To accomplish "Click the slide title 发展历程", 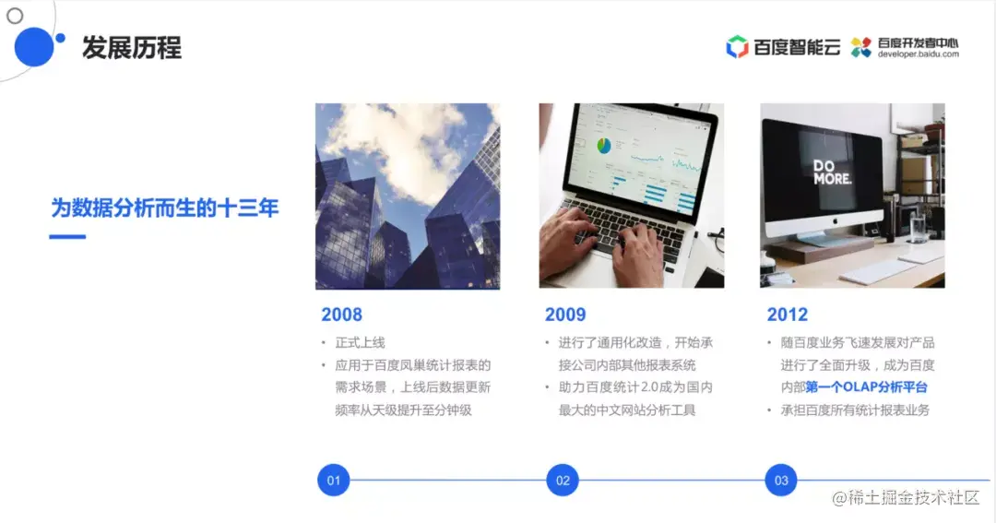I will pyautogui.click(x=131, y=47).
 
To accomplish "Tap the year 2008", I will pyautogui.click(x=341, y=315).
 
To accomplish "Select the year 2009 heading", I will pyautogui.click(x=564, y=315).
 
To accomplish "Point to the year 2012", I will pyautogui.click(x=787, y=315).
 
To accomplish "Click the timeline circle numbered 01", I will pyautogui.click(x=333, y=481).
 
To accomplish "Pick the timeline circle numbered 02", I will pyautogui.click(x=562, y=481).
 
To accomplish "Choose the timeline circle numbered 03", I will pyautogui.click(x=781, y=481).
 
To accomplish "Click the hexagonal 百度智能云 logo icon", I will pyautogui.click(x=737, y=47).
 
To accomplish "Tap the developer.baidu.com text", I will pyautogui.click(x=919, y=54).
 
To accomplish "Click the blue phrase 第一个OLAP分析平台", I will pyautogui.click(x=866, y=386).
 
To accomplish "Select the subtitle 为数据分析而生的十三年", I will pyautogui.click(x=164, y=208).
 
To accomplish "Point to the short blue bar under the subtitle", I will pyautogui.click(x=66, y=237).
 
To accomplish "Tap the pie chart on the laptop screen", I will pyautogui.click(x=605, y=146).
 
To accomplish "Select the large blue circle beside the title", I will pyautogui.click(x=34, y=47).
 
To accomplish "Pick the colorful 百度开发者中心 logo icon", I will pyautogui.click(x=861, y=47).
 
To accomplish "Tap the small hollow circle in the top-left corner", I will pyautogui.click(x=15, y=16).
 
